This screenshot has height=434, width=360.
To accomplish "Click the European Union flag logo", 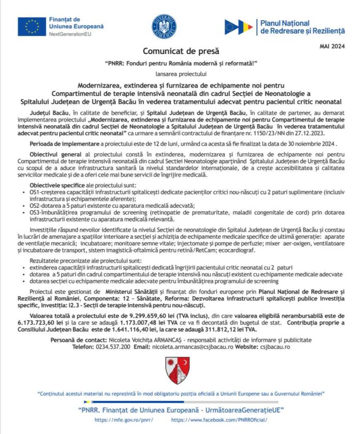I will coord(32,26).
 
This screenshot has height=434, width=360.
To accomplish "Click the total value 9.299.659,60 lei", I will coord(130,315).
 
